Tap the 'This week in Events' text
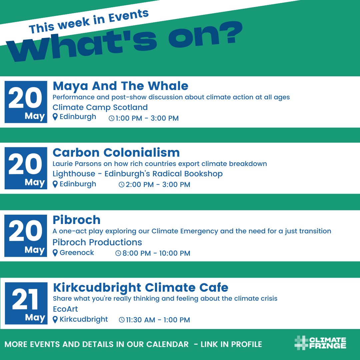click(x=89, y=21)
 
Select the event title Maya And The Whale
click(x=120, y=86)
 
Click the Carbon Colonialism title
click(x=116, y=153)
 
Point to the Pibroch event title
click(x=76, y=220)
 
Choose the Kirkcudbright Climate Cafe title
click(x=140, y=287)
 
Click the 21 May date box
click(x=26, y=303)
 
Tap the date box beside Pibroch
click(x=26, y=236)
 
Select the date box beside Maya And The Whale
click(x=26, y=102)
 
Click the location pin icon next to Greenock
click(x=55, y=253)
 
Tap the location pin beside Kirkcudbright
click(x=55, y=320)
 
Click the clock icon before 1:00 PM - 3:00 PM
click(x=111, y=118)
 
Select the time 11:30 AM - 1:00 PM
click(x=158, y=320)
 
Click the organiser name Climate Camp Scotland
click(x=100, y=107)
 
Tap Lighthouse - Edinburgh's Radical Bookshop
click(x=137, y=174)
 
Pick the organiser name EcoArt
click(x=65, y=309)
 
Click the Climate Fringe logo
click(x=320, y=343)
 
